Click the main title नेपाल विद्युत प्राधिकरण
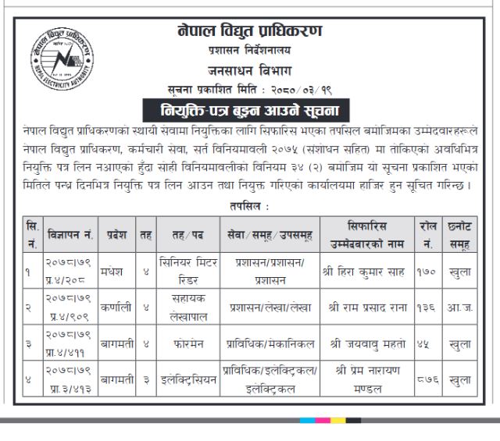click(249, 31)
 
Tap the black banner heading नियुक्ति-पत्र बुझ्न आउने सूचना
click(249, 108)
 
